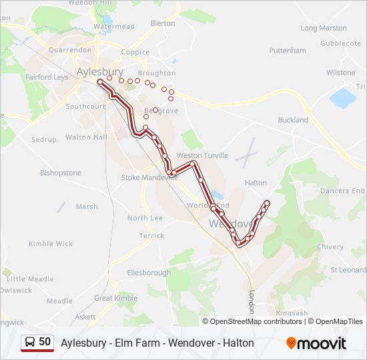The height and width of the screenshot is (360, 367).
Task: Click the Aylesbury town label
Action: tap(100, 71)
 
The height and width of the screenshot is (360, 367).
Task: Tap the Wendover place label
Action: tap(231, 224)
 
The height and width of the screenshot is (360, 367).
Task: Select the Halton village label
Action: tap(256, 183)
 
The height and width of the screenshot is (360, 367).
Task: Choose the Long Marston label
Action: tap(324, 28)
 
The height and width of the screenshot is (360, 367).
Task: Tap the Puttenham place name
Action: tap(288, 51)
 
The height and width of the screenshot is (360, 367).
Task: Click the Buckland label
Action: tap(293, 120)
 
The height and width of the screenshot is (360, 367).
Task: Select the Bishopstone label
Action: tap(61, 173)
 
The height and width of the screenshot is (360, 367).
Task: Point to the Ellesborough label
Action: tap(149, 273)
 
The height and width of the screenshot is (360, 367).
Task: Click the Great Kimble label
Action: tap(115, 299)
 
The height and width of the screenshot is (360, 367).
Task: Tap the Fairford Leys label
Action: tap(47, 77)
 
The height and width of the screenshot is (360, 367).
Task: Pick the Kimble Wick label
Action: tap(51, 244)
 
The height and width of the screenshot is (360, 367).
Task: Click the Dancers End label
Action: tap(342, 191)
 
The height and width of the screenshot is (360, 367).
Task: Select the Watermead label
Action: tap(114, 27)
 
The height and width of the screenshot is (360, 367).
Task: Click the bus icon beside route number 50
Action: tap(30, 342)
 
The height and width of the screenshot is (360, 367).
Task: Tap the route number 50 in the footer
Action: tap(45, 342)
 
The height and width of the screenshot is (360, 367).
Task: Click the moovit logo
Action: tap(316, 343)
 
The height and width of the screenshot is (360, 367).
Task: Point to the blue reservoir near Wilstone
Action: tap(343, 98)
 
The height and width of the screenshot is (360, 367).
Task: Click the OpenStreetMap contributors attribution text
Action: tap(256, 321)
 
